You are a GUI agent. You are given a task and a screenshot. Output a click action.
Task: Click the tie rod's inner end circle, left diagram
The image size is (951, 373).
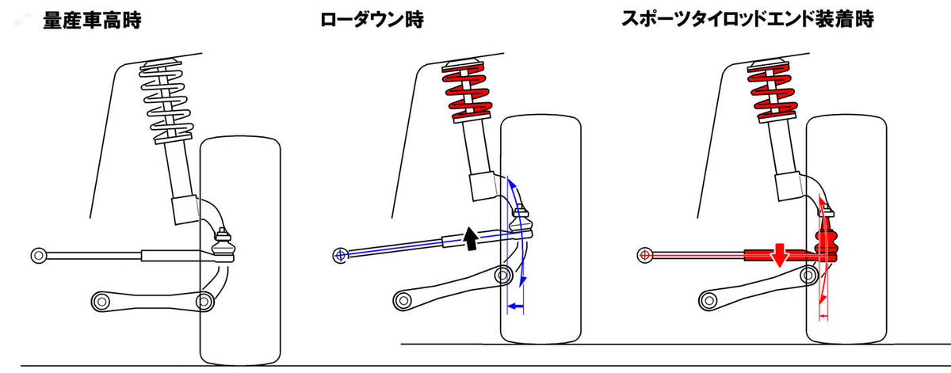pyautogui.click(x=38, y=255)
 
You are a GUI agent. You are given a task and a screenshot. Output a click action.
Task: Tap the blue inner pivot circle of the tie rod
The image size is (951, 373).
pyautogui.click(x=340, y=255)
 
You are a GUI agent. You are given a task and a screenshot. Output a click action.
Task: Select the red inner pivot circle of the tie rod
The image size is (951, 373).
pyautogui.click(x=644, y=255)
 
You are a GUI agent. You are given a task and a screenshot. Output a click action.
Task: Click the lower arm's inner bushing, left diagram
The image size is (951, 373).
pyautogui.click(x=101, y=301)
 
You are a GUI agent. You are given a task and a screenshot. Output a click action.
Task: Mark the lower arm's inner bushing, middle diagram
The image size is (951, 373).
pyautogui.click(x=403, y=300)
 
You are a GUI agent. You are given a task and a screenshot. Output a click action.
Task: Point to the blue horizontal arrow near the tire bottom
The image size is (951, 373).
pyautogui.click(x=516, y=305)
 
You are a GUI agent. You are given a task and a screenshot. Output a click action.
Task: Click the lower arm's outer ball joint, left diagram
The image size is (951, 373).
pyautogui.click(x=205, y=302)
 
